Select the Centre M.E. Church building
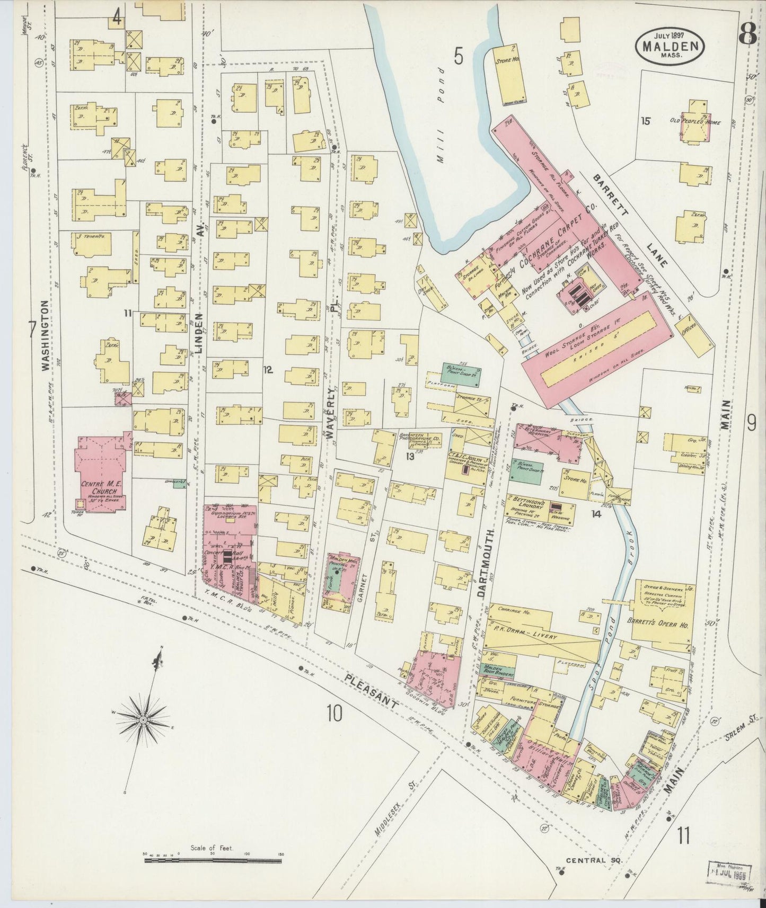coord(102,475)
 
